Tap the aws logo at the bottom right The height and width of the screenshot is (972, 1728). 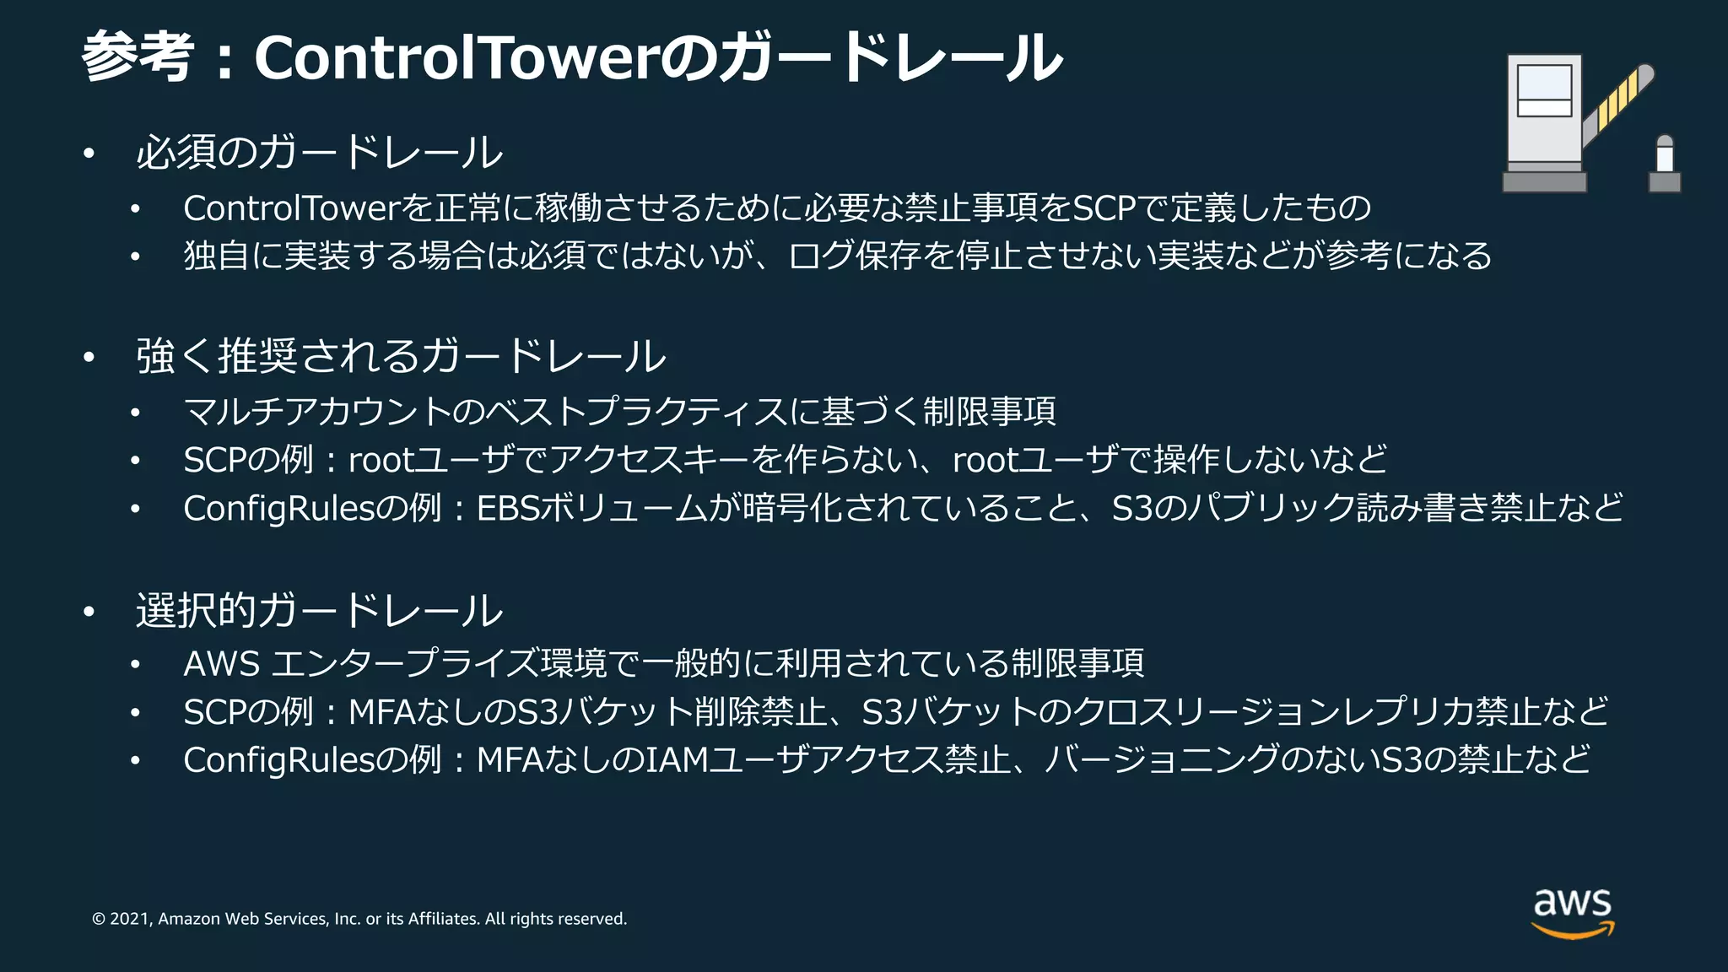[1572, 912]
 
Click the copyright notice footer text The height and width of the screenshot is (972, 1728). [359, 919]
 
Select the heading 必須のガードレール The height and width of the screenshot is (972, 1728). [319, 153]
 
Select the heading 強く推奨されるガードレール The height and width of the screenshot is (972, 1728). [400, 356]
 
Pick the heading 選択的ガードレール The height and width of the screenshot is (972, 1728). [319, 611]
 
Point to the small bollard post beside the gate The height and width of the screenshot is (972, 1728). [1664, 165]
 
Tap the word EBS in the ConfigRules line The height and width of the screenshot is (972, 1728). [507, 509]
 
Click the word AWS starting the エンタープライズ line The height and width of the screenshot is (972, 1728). [221, 664]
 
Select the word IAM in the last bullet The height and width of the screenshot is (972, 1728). [676, 760]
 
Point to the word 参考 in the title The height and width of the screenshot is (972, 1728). [138, 57]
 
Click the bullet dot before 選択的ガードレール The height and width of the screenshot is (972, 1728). [89, 613]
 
